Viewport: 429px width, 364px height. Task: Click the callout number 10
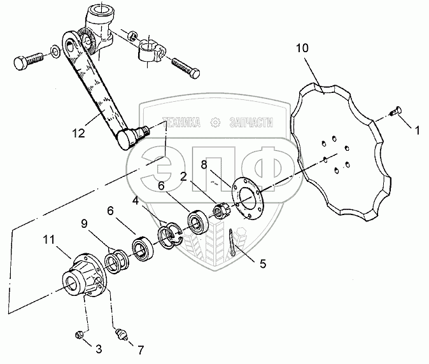click(302, 48)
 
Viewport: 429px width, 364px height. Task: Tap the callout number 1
click(417, 132)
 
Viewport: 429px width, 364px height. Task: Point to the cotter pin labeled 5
click(233, 244)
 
